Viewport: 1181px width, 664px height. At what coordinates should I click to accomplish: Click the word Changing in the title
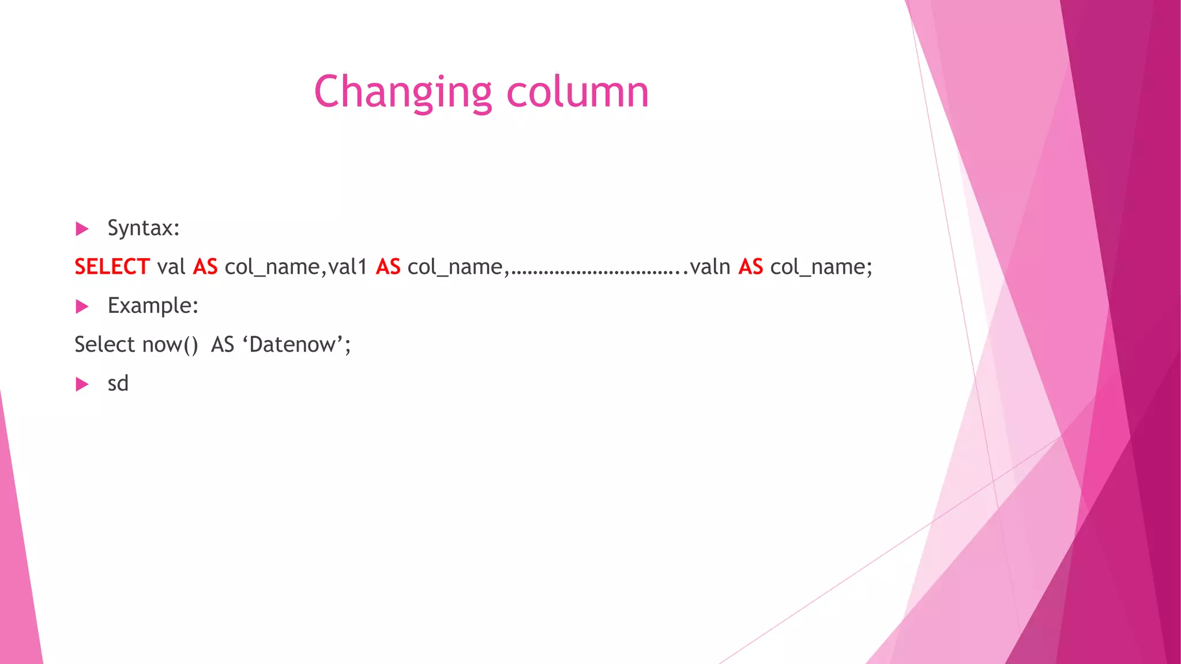pyautogui.click(x=403, y=92)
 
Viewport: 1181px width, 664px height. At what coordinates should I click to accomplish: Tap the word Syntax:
pyautogui.click(x=144, y=228)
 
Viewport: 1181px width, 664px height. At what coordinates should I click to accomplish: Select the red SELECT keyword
pyautogui.click(x=112, y=267)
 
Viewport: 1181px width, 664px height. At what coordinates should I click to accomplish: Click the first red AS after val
pyautogui.click(x=205, y=267)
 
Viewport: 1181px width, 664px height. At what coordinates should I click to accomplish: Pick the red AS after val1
pyautogui.click(x=388, y=267)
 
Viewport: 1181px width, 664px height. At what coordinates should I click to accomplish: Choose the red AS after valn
pyautogui.click(x=751, y=267)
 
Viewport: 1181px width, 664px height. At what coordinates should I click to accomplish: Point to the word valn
pyautogui.click(x=710, y=267)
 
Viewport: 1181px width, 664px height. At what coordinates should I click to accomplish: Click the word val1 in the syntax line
pyautogui.click(x=348, y=267)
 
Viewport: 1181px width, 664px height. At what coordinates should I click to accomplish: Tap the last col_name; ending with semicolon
pyautogui.click(x=821, y=267)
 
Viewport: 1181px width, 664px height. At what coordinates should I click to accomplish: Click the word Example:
pyautogui.click(x=153, y=305)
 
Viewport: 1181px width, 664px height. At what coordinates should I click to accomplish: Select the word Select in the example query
pyautogui.click(x=105, y=345)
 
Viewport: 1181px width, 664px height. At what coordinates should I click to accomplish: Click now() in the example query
pyautogui.click(x=170, y=345)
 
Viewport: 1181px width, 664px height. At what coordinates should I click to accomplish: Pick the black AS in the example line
pyautogui.click(x=223, y=345)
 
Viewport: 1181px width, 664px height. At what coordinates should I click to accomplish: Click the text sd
pyautogui.click(x=118, y=383)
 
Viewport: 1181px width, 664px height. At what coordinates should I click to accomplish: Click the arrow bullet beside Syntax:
pyautogui.click(x=82, y=229)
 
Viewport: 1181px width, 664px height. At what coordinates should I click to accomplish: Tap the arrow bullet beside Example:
pyautogui.click(x=82, y=307)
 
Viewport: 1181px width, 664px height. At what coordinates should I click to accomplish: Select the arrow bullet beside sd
pyautogui.click(x=82, y=384)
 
